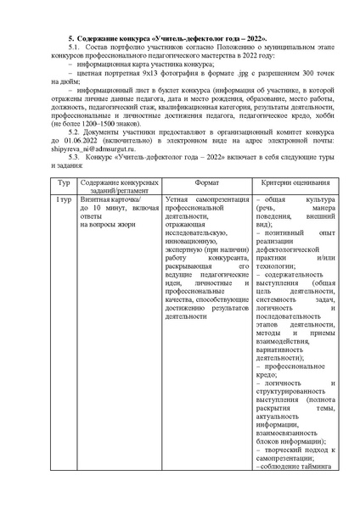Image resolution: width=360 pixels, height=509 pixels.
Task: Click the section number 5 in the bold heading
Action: coord(70,40)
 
